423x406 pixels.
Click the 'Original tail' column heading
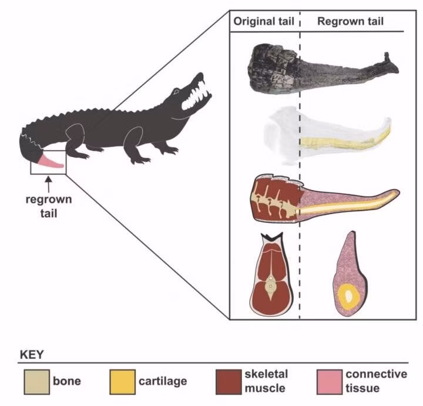263,22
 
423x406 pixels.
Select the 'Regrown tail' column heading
350,22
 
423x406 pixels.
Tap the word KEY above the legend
32,355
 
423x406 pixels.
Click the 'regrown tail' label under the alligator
49,206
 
